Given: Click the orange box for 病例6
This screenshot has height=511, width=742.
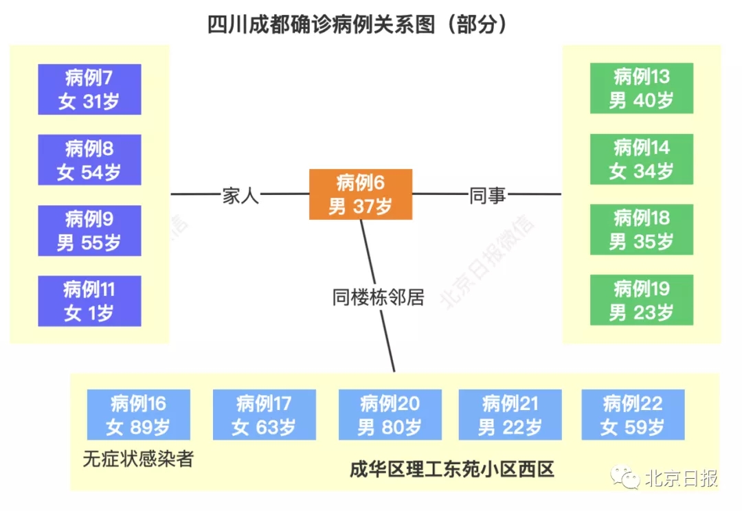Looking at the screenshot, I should point(361,194).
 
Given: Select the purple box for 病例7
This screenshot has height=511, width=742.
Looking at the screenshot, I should point(89,89).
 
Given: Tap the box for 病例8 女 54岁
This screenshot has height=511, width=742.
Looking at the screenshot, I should point(89,160).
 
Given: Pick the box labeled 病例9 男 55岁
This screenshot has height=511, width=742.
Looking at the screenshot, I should point(89,231).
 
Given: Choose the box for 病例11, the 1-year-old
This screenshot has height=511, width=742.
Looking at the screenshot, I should point(89,301).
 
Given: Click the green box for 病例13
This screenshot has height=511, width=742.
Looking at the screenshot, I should point(642,89).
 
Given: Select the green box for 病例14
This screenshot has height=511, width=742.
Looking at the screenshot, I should point(642,159).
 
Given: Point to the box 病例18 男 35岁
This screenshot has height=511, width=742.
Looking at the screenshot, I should point(642,229).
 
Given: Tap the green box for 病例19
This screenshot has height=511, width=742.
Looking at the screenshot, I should point(642,300).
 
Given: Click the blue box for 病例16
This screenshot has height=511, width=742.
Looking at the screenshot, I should point(139,415).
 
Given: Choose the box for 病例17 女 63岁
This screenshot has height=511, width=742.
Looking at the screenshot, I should point(265,415).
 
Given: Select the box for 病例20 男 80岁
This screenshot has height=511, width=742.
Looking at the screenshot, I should point(390,415).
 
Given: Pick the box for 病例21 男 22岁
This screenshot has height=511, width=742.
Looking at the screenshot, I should point(510,415).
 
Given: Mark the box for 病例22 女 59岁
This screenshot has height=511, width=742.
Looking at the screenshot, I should point(633,415).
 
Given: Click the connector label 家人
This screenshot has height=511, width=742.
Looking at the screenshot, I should point(240,196).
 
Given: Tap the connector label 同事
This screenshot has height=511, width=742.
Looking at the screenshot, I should point(488,196).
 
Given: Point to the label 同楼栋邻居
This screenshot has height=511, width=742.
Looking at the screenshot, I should point(379,297).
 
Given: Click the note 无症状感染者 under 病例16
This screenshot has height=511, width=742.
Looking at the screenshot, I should point(138,459).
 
